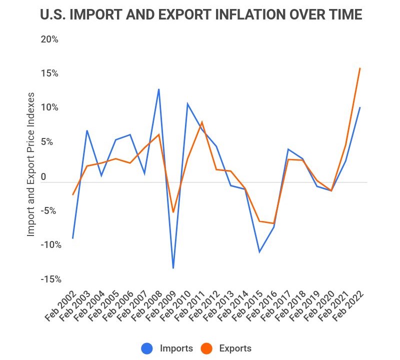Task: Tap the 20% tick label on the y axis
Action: coord(49,39)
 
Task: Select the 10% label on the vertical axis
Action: coord(49,107)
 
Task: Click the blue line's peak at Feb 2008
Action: coord(158,89)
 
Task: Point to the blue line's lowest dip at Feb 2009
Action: coord(173,268)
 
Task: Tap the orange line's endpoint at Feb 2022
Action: coord(360,68)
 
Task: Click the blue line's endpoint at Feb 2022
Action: coord(360,107)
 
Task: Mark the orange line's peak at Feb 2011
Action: coord(202,122)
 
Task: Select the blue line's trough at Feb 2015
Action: coord(259,252)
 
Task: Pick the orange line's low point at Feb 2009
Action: coord(173,212)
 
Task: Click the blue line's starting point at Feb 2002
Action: coord(73,238)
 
